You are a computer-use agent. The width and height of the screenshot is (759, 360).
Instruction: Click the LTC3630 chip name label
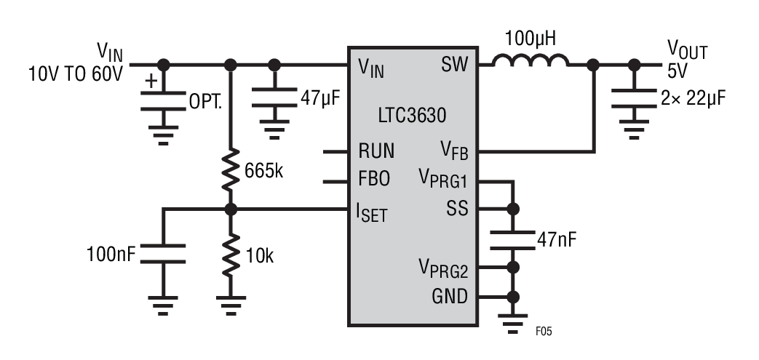pos(412,116)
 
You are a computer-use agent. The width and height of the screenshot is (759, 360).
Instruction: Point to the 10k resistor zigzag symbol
pos(232,251)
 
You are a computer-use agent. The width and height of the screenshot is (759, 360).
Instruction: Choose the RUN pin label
pos(376,151)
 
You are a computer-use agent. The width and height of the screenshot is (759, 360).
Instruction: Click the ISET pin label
pos(372,212)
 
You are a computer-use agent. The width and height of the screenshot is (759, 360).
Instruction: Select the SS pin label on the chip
pos(456,209)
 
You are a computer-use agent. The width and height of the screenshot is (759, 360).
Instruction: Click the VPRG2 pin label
pos(442,268)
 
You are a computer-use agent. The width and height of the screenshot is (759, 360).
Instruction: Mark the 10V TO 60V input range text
pos(76,73)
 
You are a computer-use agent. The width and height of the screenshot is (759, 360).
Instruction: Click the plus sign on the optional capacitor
pos(151,80)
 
